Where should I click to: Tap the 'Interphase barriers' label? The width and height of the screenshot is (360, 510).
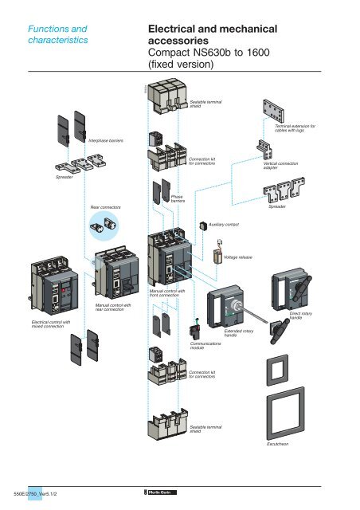105,138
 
